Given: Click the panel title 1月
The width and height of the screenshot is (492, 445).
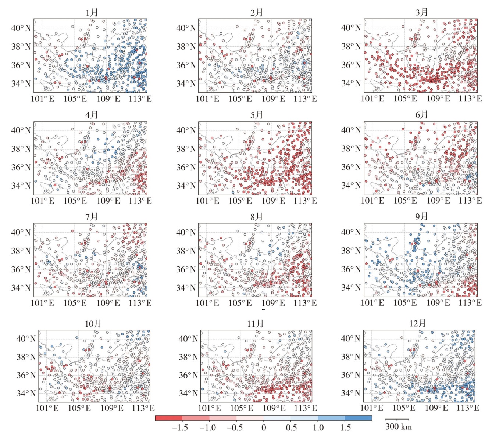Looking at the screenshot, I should click(92, 12).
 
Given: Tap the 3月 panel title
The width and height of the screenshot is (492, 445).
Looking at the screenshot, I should click(422, 12).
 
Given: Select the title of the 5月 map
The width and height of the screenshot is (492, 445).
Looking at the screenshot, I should click(256, 115).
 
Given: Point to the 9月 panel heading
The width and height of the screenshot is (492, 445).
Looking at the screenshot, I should click(422, 216).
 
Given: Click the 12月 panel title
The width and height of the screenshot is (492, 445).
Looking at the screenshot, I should click(417, 323).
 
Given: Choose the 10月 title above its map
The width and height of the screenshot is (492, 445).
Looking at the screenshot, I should click(93, 323).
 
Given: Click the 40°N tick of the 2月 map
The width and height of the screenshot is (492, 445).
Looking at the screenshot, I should click(186, 28).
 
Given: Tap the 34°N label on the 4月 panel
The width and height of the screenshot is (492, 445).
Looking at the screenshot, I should click(21, 186).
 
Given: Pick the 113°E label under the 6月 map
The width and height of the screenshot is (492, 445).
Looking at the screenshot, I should click(470, 201).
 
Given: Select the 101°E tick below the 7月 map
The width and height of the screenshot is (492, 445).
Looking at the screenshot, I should click(42, 303).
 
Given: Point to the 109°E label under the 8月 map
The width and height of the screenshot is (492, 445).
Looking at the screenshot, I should click(273, 303).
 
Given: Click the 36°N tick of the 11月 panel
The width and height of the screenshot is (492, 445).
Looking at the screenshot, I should click(188, 375).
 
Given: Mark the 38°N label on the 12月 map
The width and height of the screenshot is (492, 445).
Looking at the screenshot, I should click(351, 356).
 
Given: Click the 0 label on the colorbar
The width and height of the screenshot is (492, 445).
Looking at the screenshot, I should click(263, 428).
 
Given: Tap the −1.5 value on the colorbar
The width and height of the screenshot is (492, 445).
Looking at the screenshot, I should click(180, 428).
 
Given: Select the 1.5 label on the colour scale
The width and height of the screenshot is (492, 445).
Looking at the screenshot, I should click(345, 428).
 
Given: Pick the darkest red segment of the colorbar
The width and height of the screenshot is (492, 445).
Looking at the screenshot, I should click(169, 418).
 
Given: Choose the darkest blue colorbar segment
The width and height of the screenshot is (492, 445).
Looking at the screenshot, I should click(358, 418).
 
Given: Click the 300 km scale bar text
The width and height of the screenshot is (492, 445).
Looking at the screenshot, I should click(398, 427).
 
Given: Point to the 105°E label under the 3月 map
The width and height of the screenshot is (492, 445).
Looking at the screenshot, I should click(406, 98).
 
